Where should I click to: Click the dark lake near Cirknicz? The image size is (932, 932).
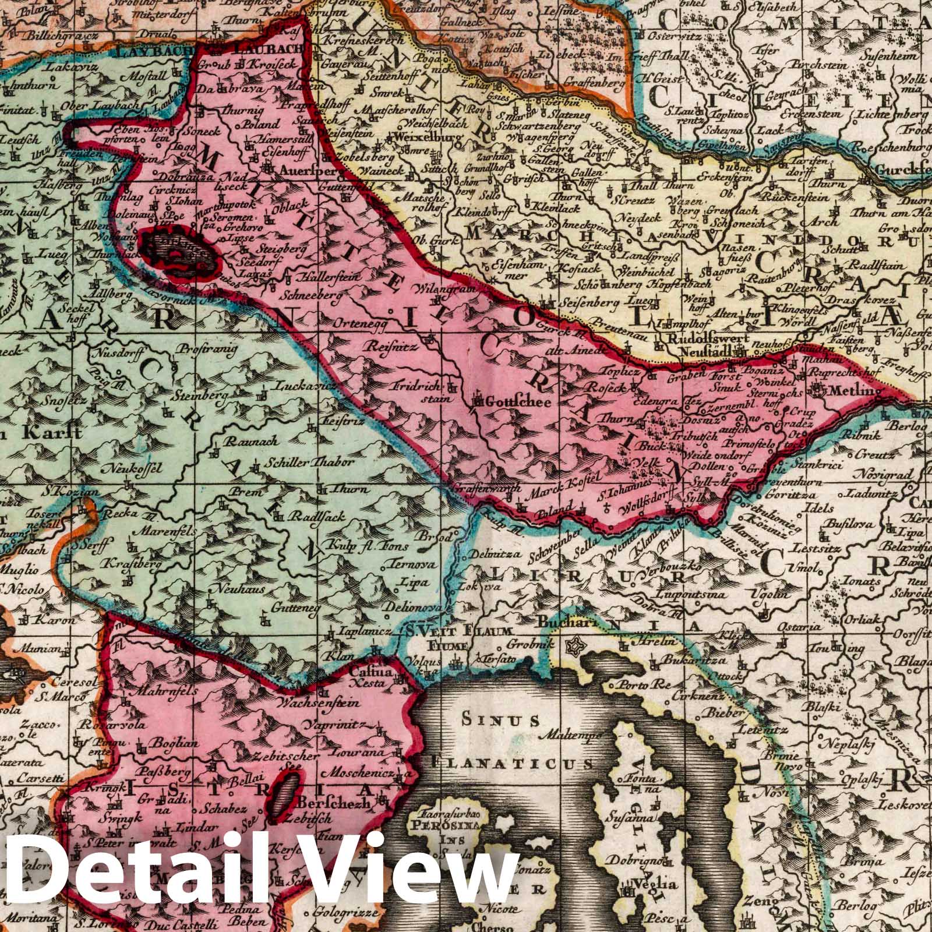181,257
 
